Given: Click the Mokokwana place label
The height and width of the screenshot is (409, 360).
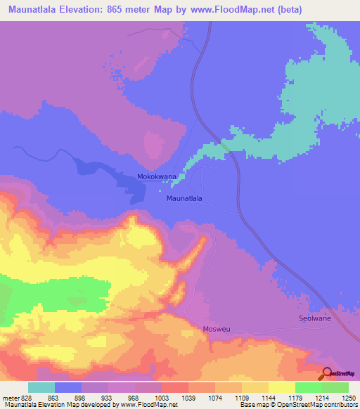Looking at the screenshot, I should (156, 178).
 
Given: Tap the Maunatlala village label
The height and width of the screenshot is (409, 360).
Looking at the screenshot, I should (184, 198).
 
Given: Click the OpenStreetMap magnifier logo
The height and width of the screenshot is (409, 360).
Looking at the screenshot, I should (327, 374).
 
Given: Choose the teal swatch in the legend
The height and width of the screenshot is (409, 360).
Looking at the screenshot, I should (41, 387).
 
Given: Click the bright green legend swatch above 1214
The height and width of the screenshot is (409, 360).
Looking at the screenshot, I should (309, 387).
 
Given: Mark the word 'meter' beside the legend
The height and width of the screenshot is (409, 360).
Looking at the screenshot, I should (11, 397).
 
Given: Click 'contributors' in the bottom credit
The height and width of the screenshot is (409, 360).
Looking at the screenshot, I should (340, 405).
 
